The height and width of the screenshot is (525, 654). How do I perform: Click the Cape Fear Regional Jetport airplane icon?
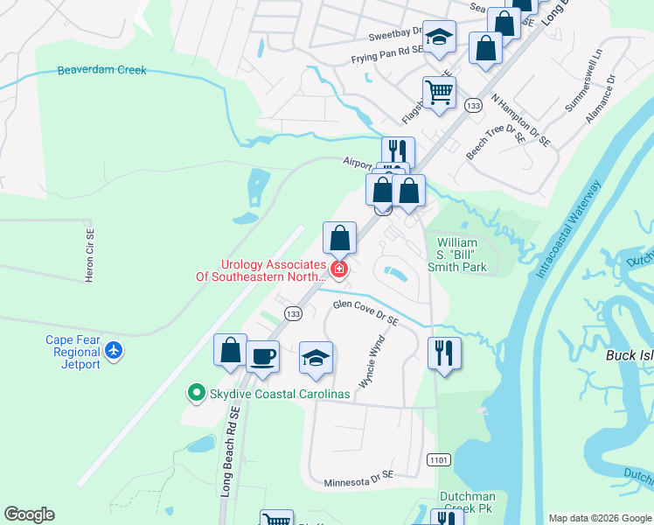tap(113, 351)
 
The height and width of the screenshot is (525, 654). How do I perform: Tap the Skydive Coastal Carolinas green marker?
tap(197, 394)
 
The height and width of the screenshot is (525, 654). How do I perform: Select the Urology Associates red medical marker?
tap(338, 269)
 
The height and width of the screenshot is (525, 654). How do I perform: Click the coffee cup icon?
tap(261, 355)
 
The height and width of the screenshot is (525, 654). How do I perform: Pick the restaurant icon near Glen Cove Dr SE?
tap(444, 353)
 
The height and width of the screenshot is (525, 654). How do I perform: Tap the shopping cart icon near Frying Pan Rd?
tap(439, 91)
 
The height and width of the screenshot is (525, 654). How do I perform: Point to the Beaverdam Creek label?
tap(101, 70)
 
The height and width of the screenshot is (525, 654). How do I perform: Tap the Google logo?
tap(30, 514)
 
